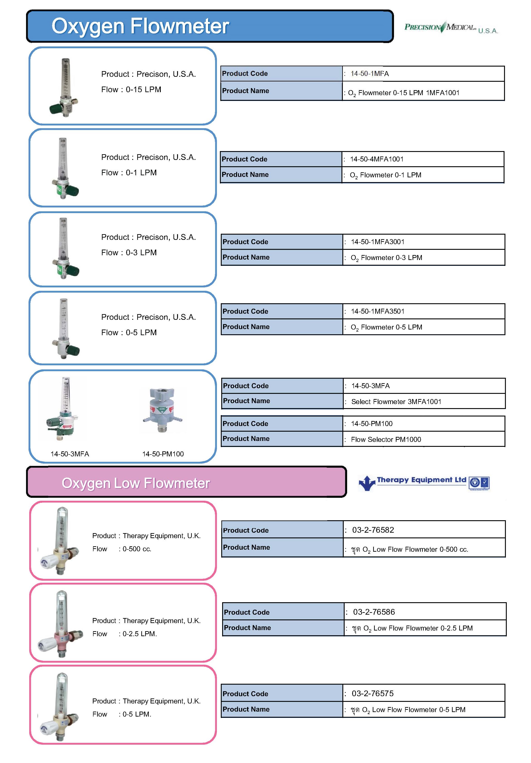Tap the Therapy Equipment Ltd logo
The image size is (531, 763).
click(423, 483)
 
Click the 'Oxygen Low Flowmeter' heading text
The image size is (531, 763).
click(136, 483)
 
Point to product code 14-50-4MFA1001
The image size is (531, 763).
click(377, 159)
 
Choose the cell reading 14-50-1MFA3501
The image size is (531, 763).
click(377, 311)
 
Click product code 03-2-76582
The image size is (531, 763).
click(373, 530)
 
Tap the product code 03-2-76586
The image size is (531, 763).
click(374, 612)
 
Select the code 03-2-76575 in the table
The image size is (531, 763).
click(372, 693)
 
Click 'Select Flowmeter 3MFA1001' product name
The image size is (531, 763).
click(396, 402)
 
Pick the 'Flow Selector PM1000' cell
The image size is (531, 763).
click(386, 440)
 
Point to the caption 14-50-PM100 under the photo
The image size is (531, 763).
click(163, 454)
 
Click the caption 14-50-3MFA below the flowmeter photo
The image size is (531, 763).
click(70, 454)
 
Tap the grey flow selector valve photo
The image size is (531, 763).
click(162, 410)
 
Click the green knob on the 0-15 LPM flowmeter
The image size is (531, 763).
click(55, 109)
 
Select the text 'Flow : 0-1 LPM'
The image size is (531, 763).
click(129, 173)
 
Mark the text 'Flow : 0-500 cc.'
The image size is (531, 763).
click(122, 549)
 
